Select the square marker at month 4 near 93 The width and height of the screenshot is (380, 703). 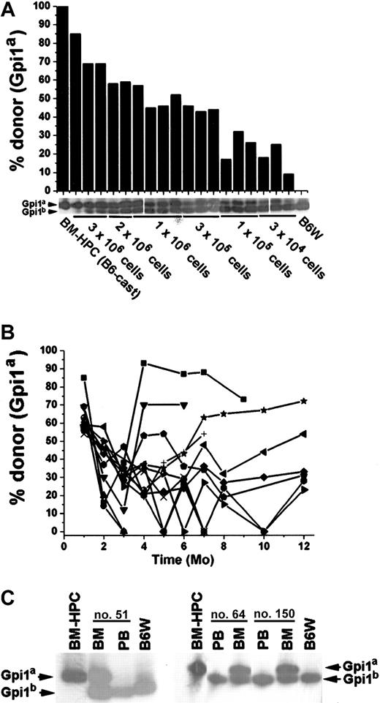click(144, 363)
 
